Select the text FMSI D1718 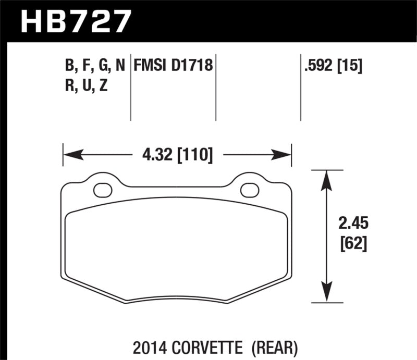[173, 66]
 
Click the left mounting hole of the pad [103, 190]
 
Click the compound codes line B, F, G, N [95, 66]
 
